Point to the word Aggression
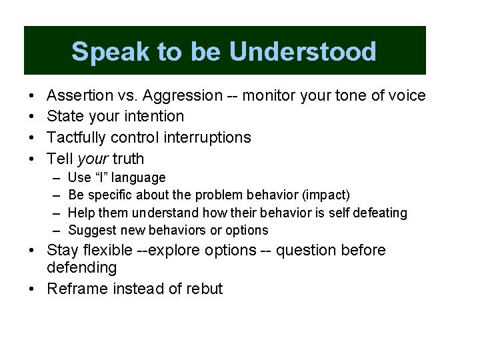pos(181,96)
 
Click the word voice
pos(406,96)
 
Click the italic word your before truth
pos(93,159)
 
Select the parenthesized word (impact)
pos(325,195)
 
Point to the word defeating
pos(379,213)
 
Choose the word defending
pos(81,268)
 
